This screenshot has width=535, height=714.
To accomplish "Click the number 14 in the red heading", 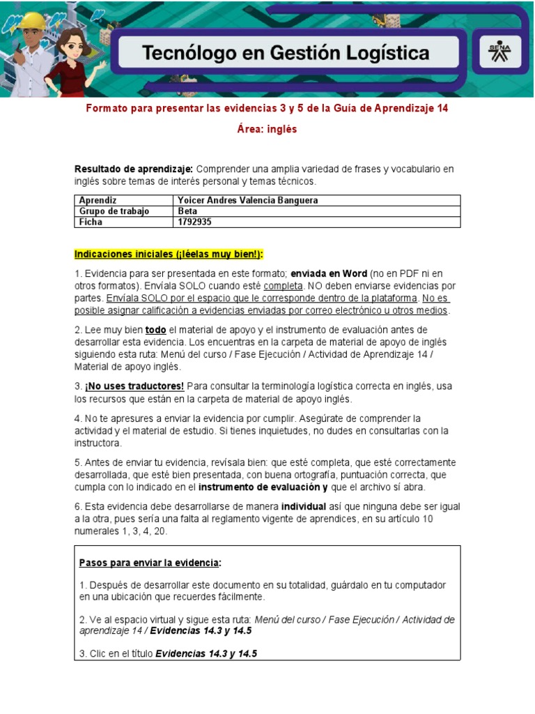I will point(442,108).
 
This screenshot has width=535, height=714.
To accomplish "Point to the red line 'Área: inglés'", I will point(267,129).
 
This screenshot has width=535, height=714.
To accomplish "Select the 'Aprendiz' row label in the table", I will point(98,200).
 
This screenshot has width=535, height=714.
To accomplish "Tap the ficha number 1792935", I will point(194,222).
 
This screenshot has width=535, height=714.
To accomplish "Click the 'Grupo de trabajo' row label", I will point(114,211).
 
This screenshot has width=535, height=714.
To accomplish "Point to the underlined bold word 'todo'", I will point(155,329).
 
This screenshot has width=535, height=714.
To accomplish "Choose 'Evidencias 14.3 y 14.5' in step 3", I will point(206,653).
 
